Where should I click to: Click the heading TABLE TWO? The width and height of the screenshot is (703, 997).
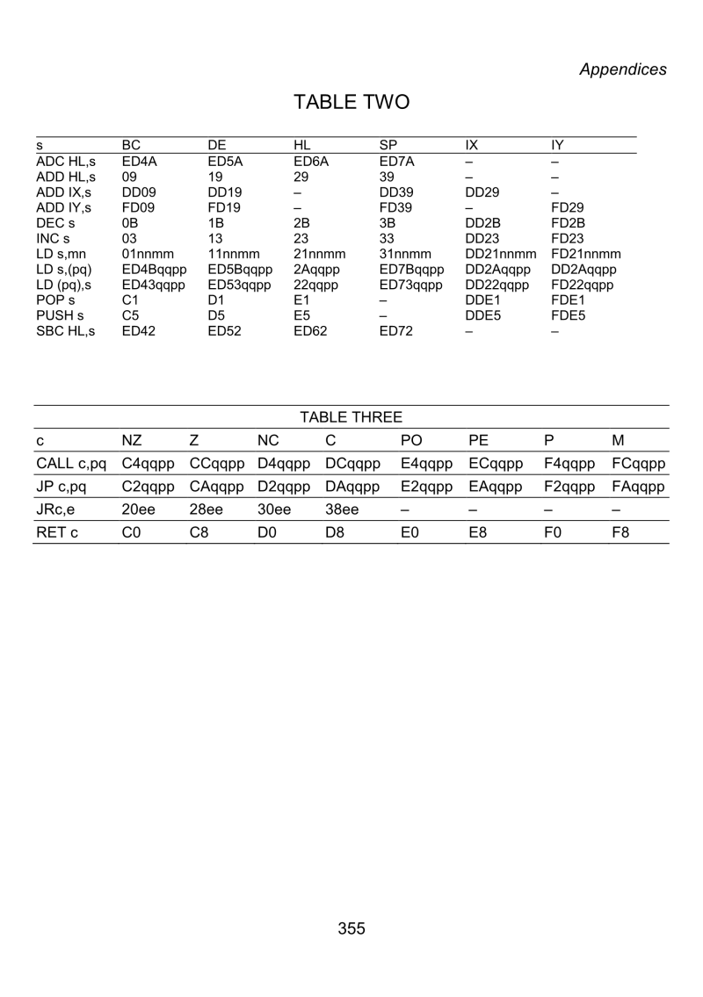351,103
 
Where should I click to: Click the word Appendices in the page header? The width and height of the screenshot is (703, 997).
622,69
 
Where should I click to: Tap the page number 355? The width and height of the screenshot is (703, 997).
351,928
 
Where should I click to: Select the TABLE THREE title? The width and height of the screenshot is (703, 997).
351,416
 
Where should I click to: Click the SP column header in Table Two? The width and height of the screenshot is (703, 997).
388,144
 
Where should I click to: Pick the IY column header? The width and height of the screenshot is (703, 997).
556,144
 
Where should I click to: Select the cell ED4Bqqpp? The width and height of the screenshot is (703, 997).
149,269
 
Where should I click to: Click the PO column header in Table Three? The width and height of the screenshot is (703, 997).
411,439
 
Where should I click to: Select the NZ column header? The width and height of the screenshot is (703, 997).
133,439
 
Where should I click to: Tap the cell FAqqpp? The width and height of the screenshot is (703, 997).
638,485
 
